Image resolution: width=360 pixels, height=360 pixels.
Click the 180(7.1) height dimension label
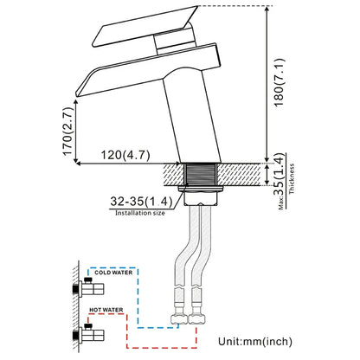tap(279, 82)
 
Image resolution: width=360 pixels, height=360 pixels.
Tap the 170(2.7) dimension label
tap(67, 132)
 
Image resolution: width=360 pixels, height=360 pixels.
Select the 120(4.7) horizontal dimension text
tap(125, 155)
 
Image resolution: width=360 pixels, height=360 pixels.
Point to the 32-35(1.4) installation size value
tap(141, 201)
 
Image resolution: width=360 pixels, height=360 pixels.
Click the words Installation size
tap(140, 213)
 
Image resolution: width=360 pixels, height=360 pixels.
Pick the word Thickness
tap(292, 178)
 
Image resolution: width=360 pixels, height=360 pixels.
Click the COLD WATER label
tap(113, 273)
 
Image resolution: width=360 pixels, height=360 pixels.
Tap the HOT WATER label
tap(106, 310)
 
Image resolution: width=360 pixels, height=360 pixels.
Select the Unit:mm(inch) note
tap(255, 342)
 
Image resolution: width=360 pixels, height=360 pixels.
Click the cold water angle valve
tap(88, 288)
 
